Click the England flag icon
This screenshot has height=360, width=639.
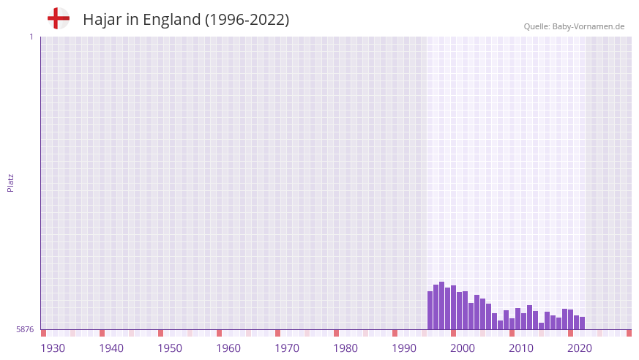pos(59,19)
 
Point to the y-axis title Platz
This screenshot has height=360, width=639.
pos(10,182)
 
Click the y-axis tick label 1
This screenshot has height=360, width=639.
pos(31,37)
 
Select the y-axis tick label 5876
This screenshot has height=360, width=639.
pos(25,329)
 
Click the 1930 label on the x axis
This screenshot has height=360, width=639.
pos(53,348)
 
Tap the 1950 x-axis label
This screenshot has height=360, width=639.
pos(170,348)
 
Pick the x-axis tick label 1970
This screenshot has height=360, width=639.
pos(287,348)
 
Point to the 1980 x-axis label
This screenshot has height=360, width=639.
pos(345,348)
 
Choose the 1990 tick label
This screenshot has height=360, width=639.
pos(404,348)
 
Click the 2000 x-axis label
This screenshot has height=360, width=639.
pos(463,348)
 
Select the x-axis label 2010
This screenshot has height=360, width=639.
pos(521,348)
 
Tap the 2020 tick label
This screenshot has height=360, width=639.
pos(580,348)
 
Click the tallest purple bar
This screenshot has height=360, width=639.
pos(441,306)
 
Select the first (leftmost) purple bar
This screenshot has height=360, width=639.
pos(430,310)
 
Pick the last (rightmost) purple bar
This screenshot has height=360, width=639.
pos(582,323)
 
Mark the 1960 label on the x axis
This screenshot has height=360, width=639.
pos(228,348)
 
